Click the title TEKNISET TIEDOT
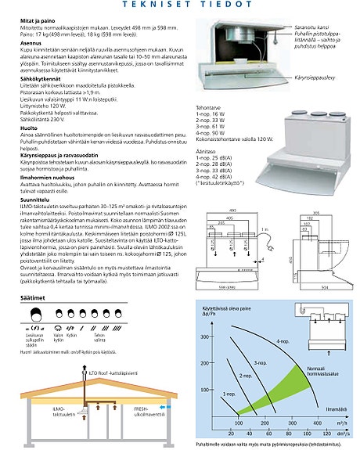point(180,5)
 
